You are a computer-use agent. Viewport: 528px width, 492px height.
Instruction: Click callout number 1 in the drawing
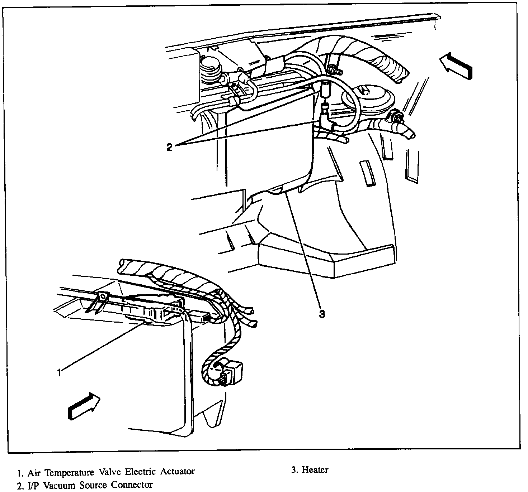click(59, 372)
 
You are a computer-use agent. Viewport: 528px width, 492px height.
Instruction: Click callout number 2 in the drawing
click(169, 147)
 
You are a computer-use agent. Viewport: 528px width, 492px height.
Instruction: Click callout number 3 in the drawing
click(322, 314)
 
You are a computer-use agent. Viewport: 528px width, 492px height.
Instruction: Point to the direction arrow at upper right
click(456, 64)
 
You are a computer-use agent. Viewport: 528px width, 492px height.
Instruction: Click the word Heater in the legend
click(315, 470)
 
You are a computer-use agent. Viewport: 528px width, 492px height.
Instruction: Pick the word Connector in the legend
click(132, 485)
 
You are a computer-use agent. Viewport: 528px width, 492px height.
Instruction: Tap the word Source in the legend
click(96, 485)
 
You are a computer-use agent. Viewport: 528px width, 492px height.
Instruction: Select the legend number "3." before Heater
click(294, 470)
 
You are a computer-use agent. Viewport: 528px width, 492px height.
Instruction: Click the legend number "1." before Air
click(20, 473)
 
